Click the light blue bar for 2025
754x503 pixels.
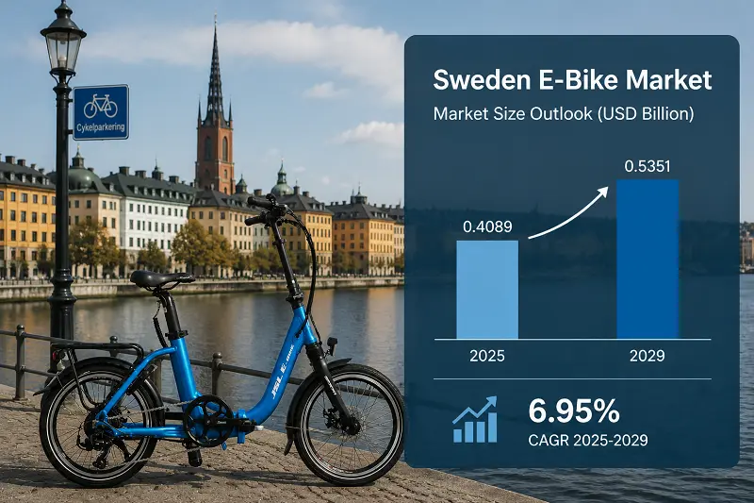487,290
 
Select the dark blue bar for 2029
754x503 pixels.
647,260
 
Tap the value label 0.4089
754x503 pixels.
487,226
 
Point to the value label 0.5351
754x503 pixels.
647,166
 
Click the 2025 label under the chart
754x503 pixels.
487,356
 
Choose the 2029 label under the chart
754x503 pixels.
647,356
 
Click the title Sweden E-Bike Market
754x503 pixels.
572,80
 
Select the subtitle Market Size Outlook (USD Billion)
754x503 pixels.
564,114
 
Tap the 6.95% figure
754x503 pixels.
574,411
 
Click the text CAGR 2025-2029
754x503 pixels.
587,440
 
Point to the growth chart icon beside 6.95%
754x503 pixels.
475,419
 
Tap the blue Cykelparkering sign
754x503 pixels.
101,112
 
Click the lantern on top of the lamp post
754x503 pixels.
63,44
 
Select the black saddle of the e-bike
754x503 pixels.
161,279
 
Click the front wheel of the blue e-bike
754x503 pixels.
349,424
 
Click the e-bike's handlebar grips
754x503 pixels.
260,210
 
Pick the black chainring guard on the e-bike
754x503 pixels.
208,420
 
